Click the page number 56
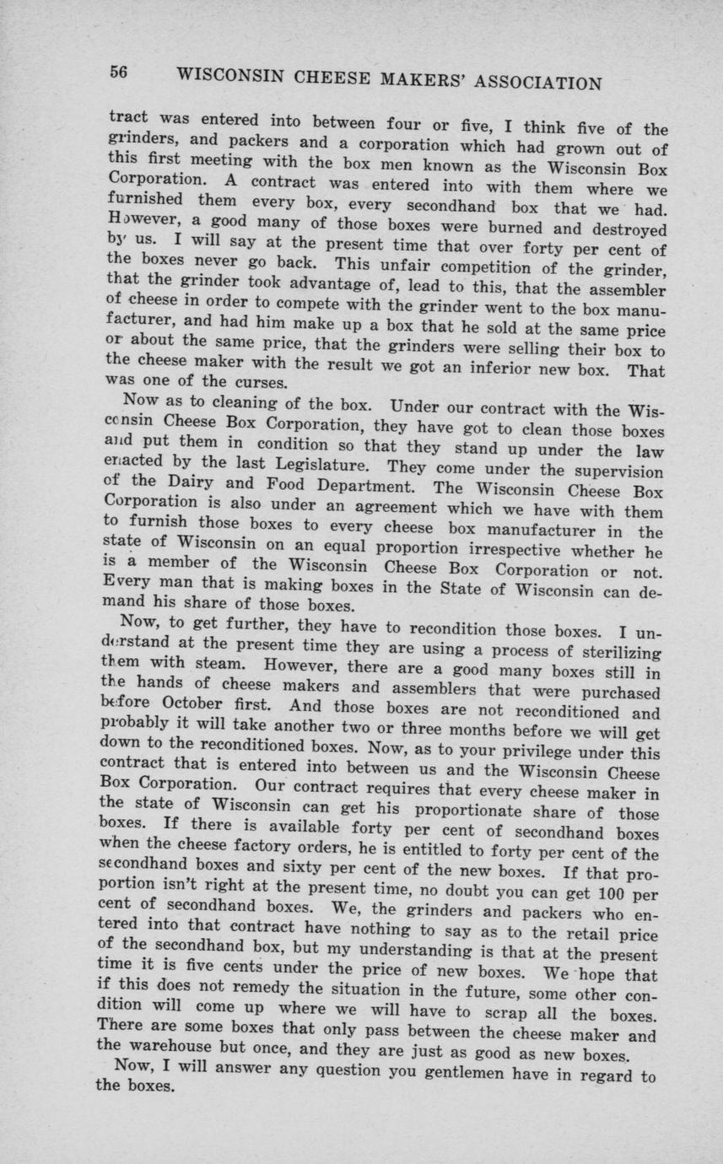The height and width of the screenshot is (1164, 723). [117, 73]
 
